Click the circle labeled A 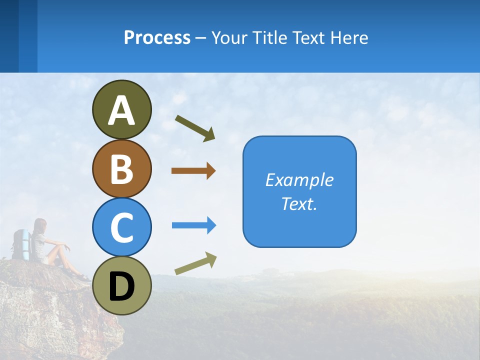point(121,110)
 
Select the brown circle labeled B point(121,168)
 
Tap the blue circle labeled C point(121,227)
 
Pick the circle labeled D point(121,285)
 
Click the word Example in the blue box point(299,180)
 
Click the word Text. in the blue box point(299,203)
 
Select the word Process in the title point(157,37)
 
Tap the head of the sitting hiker point(40,226)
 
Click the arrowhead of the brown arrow point(211,171)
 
